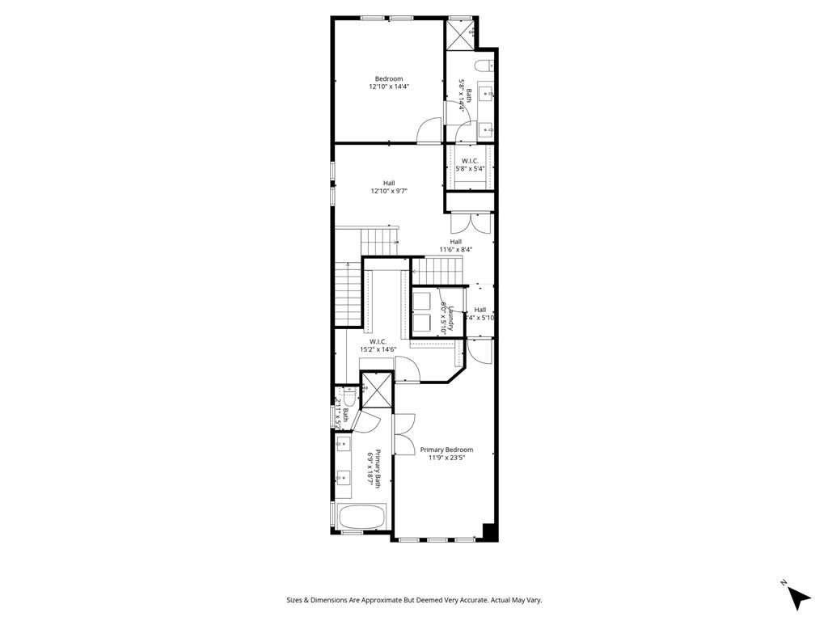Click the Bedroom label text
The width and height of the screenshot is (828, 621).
pyautogui.click(x=388, y=78)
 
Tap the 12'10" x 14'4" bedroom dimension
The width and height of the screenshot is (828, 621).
pyautogui.click(x=389, y=87)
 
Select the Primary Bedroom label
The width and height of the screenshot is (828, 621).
pyautogui.click(x=446, y=450)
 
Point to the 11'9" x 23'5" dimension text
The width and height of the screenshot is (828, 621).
pyautogui.click(x=446, y=458)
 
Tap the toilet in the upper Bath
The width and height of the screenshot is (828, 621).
pyautogui.click(x=484, y=65)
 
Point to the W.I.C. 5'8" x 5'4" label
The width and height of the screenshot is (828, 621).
pyautogui.click(x=470, y=165)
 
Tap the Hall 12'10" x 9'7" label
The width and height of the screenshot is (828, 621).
pyautogui.click(x=388, y=187)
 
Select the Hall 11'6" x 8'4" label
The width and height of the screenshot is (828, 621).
pyautogui.click(x=455, y=245)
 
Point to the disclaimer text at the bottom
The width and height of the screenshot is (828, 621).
pyautogui.click(x=413, y=600)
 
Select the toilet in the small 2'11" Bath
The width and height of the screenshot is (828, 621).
pyautogui.click(x=349, y=397)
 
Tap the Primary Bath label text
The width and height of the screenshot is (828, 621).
pyautogui.click(x=374, y=467)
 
